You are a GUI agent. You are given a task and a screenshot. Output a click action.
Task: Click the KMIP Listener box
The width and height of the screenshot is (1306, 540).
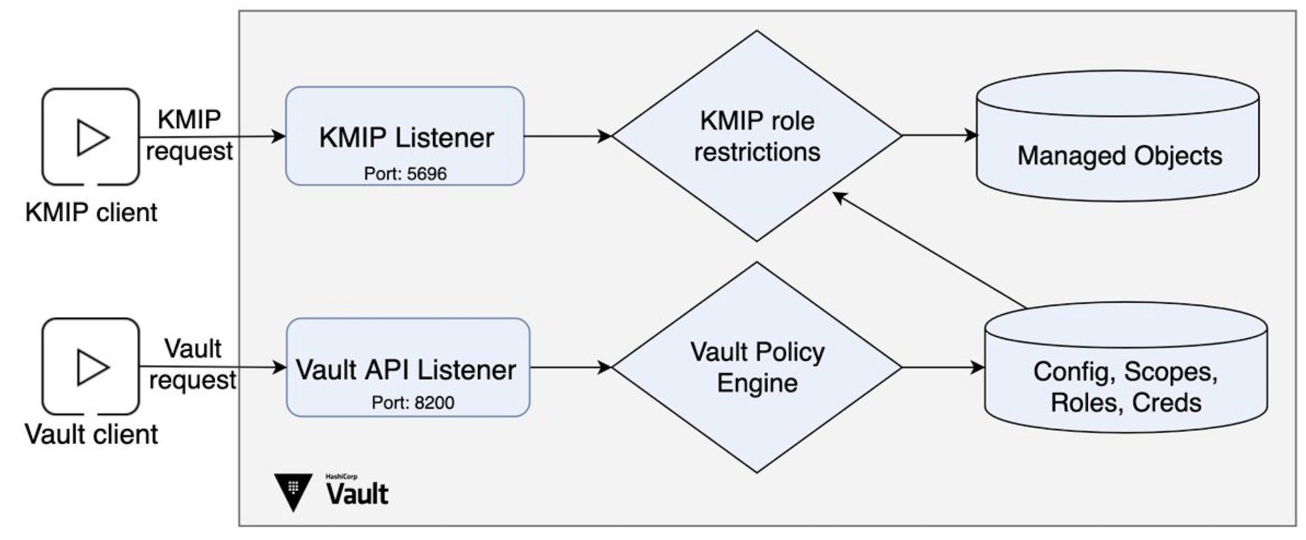(405, 136)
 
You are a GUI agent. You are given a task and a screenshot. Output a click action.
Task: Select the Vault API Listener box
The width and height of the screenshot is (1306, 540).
(408, 367)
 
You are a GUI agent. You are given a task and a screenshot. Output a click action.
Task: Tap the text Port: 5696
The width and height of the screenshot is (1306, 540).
(406, 174)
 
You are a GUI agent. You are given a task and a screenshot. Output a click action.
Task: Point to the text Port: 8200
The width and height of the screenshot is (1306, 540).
(413, 403)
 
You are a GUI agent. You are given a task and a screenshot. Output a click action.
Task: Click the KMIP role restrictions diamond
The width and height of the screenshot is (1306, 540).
(757, 136)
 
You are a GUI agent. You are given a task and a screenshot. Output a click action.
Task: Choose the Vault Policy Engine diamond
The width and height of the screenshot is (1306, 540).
(757, 367)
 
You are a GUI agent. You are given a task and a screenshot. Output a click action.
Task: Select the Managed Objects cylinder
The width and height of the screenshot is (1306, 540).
(1118, 136)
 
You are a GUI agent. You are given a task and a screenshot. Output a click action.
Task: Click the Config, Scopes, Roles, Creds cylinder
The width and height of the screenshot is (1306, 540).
(1126, 367)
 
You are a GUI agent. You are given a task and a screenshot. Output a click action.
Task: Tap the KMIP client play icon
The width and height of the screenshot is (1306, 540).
(91, 137)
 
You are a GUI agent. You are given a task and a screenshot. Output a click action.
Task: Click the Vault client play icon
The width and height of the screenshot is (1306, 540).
(91, 367)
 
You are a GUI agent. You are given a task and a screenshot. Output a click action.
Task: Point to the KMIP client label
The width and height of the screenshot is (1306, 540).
(91, 212)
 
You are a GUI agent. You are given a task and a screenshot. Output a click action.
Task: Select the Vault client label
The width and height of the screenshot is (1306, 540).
(91, 434)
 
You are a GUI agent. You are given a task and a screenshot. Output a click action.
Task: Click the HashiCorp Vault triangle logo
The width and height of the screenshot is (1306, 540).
(293, 490)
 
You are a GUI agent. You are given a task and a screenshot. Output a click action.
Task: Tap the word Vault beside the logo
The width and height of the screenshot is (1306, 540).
(357, 494)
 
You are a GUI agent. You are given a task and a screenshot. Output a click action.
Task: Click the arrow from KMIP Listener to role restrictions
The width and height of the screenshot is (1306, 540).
(568, 136)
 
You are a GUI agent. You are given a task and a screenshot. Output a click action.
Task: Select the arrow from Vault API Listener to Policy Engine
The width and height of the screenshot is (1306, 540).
(571, 367)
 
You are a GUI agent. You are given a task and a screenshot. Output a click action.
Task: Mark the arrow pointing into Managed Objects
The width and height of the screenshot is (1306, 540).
(940, 135)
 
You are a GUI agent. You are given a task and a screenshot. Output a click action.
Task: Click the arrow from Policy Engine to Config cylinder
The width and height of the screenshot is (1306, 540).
(944, 367)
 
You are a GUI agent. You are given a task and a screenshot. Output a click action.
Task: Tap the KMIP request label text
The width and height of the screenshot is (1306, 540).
(189, 135)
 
